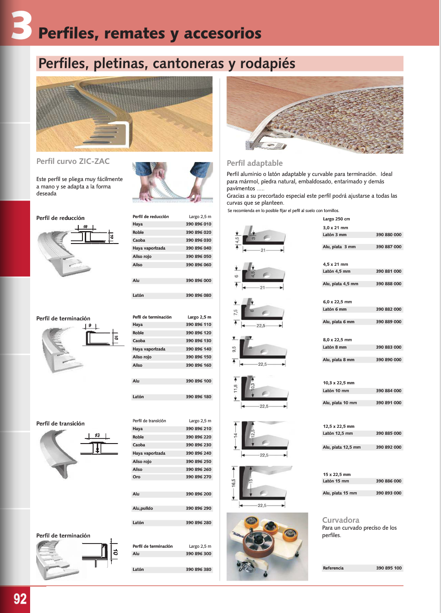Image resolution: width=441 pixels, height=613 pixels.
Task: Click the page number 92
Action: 20,599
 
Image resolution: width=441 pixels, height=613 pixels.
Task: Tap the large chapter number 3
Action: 21,26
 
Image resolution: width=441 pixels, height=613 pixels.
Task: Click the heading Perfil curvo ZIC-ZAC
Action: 73,161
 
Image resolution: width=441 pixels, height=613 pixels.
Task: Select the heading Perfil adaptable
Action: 254,163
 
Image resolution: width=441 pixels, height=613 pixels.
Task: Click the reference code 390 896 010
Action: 198,224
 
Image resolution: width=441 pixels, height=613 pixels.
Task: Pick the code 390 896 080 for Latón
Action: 198,295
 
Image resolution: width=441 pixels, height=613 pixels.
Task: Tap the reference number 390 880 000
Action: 389,235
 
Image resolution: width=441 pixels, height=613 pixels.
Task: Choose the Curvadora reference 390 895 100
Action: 389,568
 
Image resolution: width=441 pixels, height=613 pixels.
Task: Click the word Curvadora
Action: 340,520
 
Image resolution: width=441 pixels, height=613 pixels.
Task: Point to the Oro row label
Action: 137,477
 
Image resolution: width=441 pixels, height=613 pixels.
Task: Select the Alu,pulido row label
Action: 143,508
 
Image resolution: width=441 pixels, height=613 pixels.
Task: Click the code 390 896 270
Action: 198,477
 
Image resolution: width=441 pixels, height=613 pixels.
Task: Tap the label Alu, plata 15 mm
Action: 340,493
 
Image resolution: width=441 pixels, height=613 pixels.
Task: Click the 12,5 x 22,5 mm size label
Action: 339,426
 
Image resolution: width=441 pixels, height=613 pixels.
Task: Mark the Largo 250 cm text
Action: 336,219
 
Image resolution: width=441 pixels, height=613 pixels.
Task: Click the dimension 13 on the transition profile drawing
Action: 97,435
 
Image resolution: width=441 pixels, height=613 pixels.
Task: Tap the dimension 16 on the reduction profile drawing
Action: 85,227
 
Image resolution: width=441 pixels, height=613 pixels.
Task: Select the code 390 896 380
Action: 198,569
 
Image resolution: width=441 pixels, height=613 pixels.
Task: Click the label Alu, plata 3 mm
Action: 339,247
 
